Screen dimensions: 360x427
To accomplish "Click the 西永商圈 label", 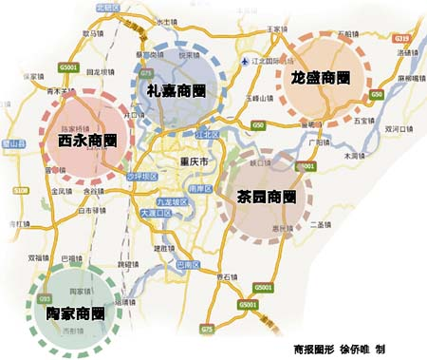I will (x=81, y=142).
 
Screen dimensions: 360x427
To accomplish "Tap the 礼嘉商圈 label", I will (x=179, y=90).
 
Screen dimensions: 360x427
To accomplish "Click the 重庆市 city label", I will (x=193, y=164).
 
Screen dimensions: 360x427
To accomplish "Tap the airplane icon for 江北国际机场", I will (x=249, y=64).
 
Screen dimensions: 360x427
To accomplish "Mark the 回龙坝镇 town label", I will (x=102, y=71).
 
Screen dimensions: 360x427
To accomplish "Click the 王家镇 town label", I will (x=276, y=29).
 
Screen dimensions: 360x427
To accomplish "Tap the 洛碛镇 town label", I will (x=406, y=52).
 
